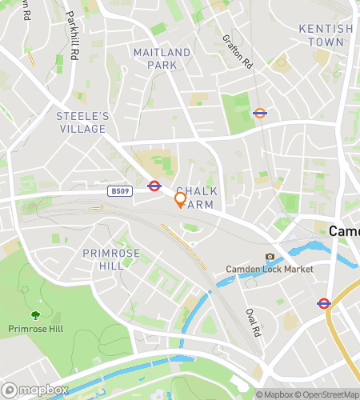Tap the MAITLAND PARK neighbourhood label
click(162, 58)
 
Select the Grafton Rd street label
click(238, 50)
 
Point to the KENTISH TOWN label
click(326, 34)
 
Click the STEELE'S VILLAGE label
click(82, 122)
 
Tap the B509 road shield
click(120, 191)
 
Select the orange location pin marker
click(181, 199)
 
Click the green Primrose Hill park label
click(36, 329)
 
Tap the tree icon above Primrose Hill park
click(35, 315)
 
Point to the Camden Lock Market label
click(269, 270)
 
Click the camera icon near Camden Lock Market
click(270, 257)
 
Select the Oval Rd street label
click(254, 319)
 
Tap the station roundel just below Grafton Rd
click(259, 113)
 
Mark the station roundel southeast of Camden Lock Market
click(324, 303)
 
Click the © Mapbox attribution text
click(275, 394)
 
